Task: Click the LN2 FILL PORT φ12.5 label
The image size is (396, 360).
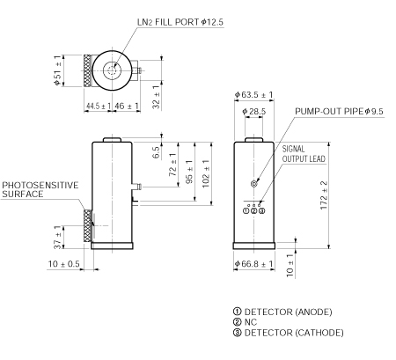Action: [177, 20]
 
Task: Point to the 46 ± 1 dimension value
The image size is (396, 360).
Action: [128, 107]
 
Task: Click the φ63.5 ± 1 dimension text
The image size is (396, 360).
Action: [253, 95]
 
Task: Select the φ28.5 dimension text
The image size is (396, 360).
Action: [253, 112]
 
